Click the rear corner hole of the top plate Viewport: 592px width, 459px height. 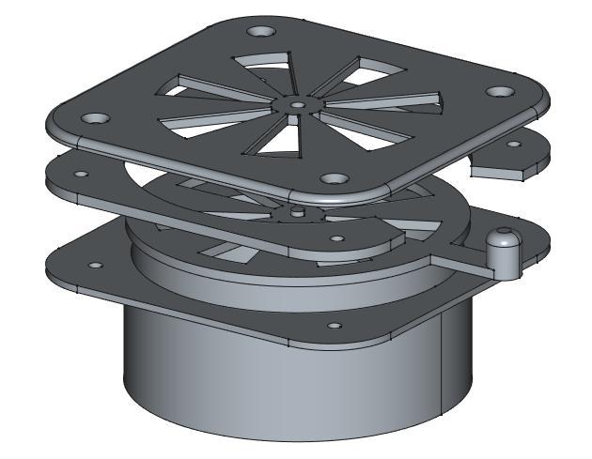[x=265, y=33]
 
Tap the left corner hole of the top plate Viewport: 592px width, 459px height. [x=96, y=120]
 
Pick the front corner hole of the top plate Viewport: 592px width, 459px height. [x=331, y=178]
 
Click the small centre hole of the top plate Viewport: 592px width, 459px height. [x=298, y=105]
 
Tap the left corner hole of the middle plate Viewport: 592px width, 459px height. [x=82, y=175]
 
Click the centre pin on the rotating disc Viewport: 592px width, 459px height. [x=298, y=212]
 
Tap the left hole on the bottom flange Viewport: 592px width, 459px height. [x=92, y=266]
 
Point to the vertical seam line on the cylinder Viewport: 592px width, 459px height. [x=439, y=366]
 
